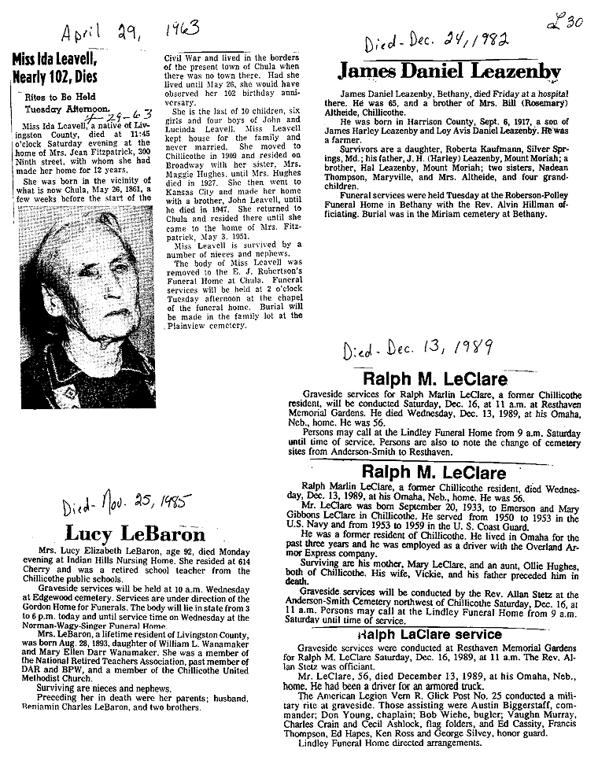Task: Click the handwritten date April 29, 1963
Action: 131,33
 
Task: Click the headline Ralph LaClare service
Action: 430,633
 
